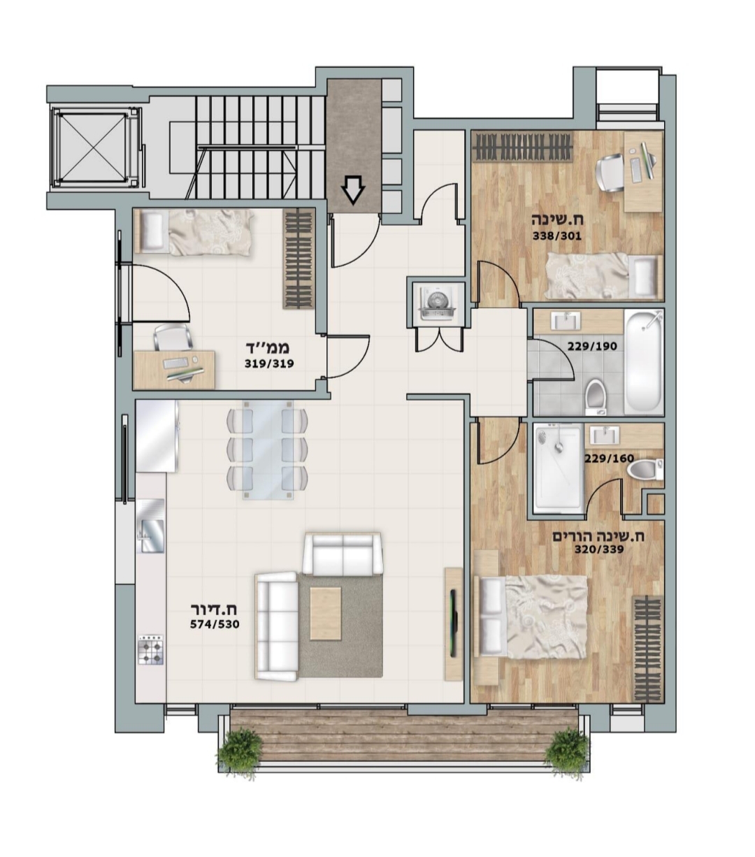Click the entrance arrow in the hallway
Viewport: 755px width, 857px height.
point(353,191)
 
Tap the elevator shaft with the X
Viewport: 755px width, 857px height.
point(94,147)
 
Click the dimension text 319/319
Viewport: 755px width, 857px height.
point(269,363)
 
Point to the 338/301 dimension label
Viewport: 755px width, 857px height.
point(556,236)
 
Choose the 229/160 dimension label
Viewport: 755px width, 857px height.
point(609,459)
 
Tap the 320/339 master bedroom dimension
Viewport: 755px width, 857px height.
point(599,549)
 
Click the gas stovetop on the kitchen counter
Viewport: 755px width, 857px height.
point(150,649)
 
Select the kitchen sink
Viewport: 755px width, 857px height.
point(150,526)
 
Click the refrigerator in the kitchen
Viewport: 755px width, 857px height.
point(157,436)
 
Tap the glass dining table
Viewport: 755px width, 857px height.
point(268,450)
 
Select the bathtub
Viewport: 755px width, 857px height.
point(643,361)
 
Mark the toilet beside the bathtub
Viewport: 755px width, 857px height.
point(596,396)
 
